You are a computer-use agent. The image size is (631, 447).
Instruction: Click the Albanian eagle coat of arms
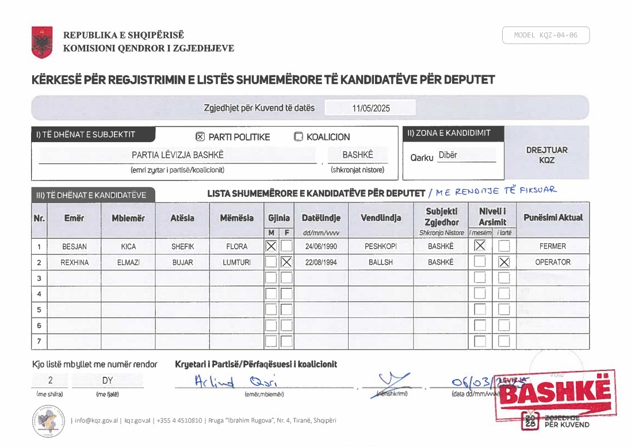click(x=42, y=42)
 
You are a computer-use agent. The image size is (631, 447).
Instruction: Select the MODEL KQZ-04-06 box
click(x=545, y=35)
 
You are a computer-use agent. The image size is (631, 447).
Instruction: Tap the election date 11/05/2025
click(x=370, y=108)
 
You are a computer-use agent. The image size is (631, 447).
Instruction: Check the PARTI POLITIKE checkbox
click(x=200, y=137)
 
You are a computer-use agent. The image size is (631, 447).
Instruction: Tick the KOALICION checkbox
click(x=298, y=137)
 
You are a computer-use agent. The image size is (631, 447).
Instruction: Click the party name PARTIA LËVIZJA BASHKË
click(x=177, y=155)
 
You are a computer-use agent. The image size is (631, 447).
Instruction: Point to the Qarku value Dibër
click(x=448, y=155)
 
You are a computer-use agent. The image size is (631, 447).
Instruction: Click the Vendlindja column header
click(x=380, y=218)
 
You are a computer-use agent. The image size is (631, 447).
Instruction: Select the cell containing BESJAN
click(x=74, y=246)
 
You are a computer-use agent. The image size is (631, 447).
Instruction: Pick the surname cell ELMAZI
click(x=128, y=262)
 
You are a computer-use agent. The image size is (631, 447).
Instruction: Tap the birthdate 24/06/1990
click(x=321, y=246)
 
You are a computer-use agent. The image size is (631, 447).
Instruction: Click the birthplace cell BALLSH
click(x=380, y=262)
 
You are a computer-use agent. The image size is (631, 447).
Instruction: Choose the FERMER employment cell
click(x=552, y=246)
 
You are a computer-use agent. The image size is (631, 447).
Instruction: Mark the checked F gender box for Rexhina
click(x=286, y=262)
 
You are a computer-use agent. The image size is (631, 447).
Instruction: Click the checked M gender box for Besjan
click(x=271, y=246)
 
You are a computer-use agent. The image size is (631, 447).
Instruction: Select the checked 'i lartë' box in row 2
click(x=504, y=262)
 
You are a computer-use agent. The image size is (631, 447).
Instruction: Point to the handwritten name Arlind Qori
click(x=236, y=382)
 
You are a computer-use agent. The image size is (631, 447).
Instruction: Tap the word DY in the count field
click(x=108, y=380)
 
